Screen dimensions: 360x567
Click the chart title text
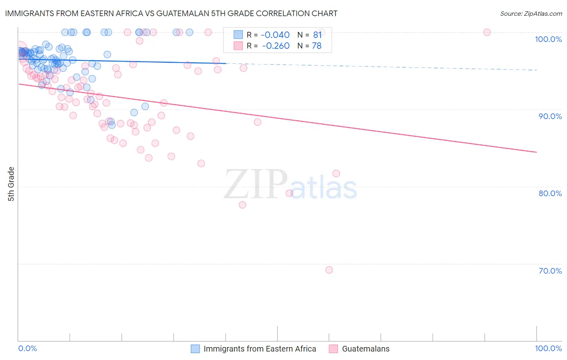(x=171, y=13)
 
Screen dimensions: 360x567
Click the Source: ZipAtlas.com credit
(x=531, y=13)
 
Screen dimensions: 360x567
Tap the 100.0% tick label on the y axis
(x=548, y=39)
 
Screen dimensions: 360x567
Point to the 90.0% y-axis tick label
(x=550, y=116)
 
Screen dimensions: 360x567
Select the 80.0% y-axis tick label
(x=550, y=193)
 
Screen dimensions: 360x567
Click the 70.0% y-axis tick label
(x=550, y=271)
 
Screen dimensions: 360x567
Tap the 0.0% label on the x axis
(x=27, y=348)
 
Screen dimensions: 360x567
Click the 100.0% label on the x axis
(x=548, y=348)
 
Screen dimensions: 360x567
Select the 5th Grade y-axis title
(x=11, y=184)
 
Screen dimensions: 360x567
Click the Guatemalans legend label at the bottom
(x=366, y=349)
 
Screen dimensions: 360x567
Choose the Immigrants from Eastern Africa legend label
(x=260, y=349)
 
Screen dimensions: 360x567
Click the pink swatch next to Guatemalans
(x=333, y=349)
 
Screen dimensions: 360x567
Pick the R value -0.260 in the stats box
(x=276, y=46)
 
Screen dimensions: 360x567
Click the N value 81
(x=317, y=35)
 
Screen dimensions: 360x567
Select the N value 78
(x=317, y=46)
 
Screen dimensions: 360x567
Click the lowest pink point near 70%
(x=329, y=270)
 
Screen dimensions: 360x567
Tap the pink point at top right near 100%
(x=487, y=32)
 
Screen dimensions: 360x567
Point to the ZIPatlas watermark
(x=290, y=185)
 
